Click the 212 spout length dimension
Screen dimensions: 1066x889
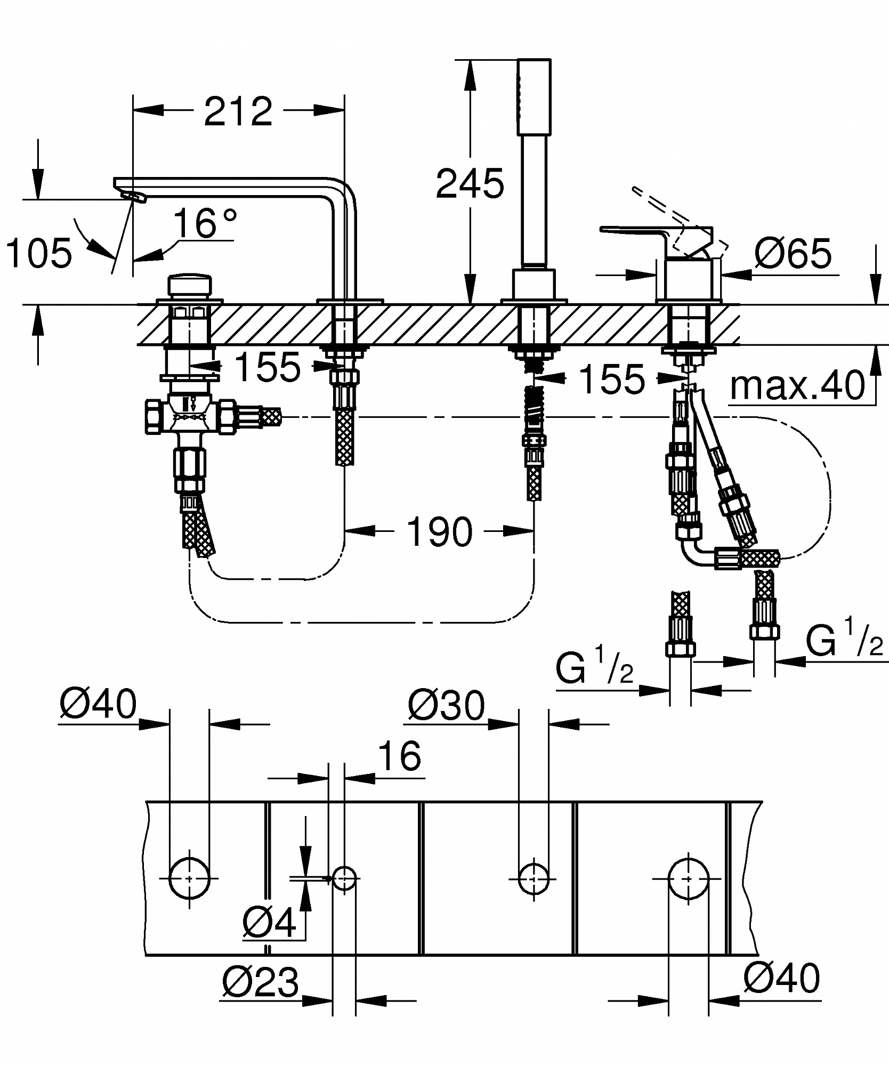pyautogui.click(x=238, y=111)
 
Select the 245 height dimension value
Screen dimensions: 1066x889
pyautogui.click(x=470, y=183)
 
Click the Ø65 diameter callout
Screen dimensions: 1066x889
pyautogui.click(x=793, y=253)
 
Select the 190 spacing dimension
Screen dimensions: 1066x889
pyautogui.click(x=439, y=531)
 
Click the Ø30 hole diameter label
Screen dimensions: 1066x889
pyautogui.click(x=447, y=706)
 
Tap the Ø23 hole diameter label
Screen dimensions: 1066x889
pyautogui.click(x=261, y=982)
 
